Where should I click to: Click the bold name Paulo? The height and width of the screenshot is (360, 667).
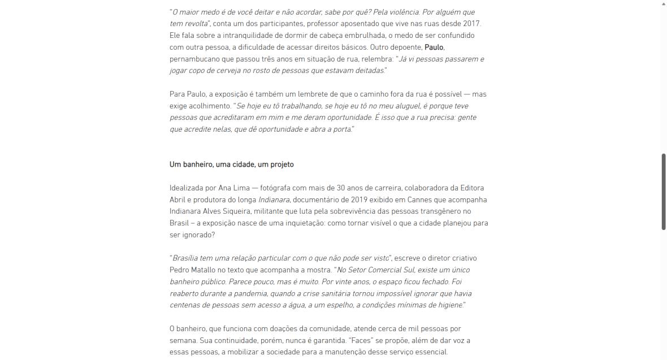434,47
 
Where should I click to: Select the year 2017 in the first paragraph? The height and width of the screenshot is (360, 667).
471,24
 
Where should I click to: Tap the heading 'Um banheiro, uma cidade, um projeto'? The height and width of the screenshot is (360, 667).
232,164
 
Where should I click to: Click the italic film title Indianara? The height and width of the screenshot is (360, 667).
274,199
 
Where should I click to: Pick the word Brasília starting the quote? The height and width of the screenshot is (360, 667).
185,258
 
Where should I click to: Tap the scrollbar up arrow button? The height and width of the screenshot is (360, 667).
664,4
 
